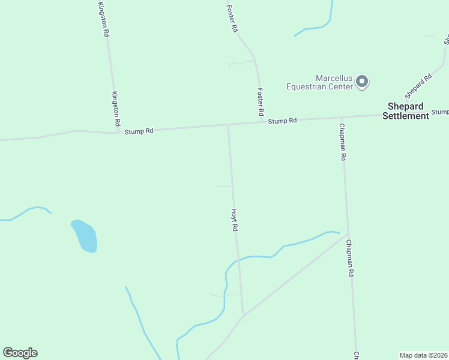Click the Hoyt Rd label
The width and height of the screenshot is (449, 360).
(x=236, y=220)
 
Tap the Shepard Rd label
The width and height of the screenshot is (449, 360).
(x=418, y=86)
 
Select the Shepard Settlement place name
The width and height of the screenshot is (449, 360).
(x=406, y=111)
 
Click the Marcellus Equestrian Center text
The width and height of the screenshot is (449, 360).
(x=319, y=82)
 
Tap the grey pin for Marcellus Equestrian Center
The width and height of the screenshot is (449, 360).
(x=362, y=81)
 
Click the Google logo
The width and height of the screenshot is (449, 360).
(x=20, y=353)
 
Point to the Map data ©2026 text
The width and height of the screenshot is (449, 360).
(x=424, y=355)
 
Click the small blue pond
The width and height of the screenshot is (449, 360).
(x=85, y=236)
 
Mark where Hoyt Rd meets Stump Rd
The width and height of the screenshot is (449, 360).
(x=228, y=125)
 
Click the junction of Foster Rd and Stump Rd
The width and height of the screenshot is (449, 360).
(x=262, y=122)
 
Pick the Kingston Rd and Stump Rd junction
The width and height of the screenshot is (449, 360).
(x=116, y=131)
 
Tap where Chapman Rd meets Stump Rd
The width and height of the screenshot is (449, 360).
(x=341, y=118)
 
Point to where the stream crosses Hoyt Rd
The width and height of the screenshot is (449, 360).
(x=238, y=259)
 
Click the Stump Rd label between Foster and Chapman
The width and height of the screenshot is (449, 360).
(x=283, y=121)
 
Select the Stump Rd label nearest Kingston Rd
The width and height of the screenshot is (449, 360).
(x=139, y=130)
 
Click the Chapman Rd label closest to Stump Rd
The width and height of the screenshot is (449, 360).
(x=343, y=142)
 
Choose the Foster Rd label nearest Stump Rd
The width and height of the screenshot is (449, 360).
(x=260, y=102)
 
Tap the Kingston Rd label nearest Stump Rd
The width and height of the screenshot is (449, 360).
(x=116, y=109)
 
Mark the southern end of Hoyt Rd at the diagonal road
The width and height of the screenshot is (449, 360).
(x=244, y=314)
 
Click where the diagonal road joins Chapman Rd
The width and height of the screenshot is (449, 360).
(x=348, y=235)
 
